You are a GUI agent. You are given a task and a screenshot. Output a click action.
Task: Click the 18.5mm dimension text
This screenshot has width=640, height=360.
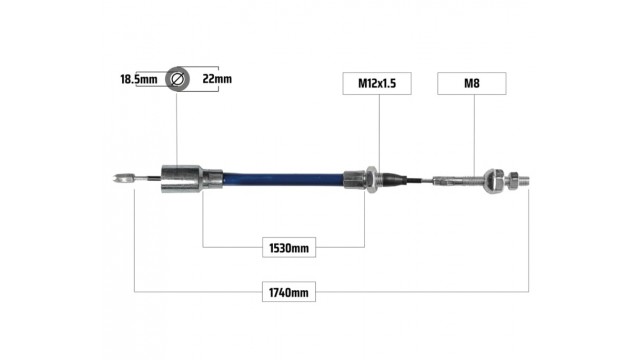(x=138, y=79)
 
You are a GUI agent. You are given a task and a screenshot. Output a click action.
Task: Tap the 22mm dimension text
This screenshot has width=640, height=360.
(x=217, y=79)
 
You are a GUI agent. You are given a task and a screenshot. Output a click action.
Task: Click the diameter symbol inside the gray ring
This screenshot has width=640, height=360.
(x=178, y=79)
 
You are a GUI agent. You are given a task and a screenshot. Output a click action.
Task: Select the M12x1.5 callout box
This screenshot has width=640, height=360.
(x=377, y=84)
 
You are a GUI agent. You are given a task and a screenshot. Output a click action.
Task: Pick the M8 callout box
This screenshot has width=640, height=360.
(x=472, y=84)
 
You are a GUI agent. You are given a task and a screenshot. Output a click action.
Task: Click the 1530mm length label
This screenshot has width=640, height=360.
(x=289, y=248)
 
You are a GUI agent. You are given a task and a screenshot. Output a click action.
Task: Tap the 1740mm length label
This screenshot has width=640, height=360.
(x=289, y=292)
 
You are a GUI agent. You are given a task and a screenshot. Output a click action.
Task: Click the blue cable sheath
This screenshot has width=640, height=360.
(x=283, y=180)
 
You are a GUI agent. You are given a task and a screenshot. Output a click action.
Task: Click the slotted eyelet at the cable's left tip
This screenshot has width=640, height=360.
(x=123, y=178)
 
